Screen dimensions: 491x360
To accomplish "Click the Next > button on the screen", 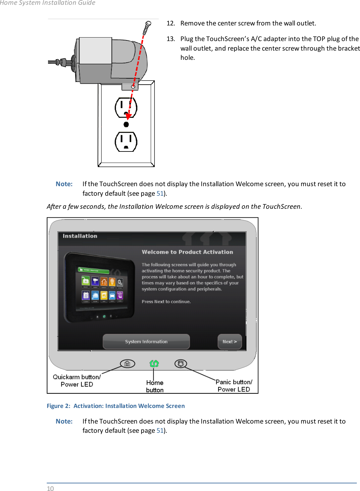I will click(230, 341).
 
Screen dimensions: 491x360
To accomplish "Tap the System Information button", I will click(146, 341).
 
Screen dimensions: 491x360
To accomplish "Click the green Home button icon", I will click(154, 363).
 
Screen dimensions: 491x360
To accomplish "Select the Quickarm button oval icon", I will click(128, 363).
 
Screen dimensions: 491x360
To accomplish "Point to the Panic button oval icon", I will click(181, 363).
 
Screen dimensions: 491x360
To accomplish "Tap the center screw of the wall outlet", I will click(126, 124).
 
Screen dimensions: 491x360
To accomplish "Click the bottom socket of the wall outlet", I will click(126, 142).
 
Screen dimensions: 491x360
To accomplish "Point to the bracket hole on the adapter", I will click(133, 87).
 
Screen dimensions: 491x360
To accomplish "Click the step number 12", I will click(170, 23).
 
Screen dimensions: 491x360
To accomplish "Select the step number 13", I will click(170, 39).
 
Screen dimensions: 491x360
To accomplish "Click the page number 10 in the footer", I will click(50, 488).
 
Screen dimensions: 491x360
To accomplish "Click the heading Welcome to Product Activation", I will click(187, 252).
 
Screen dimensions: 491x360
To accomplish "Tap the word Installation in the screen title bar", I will click(80, 236).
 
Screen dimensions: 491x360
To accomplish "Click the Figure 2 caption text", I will click(116, 406).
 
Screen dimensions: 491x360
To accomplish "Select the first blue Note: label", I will click(64, 184).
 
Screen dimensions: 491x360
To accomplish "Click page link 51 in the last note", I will click(160, 431).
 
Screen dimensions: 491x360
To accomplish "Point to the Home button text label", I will click(155, 386).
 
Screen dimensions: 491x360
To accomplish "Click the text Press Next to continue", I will click(166, 301).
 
